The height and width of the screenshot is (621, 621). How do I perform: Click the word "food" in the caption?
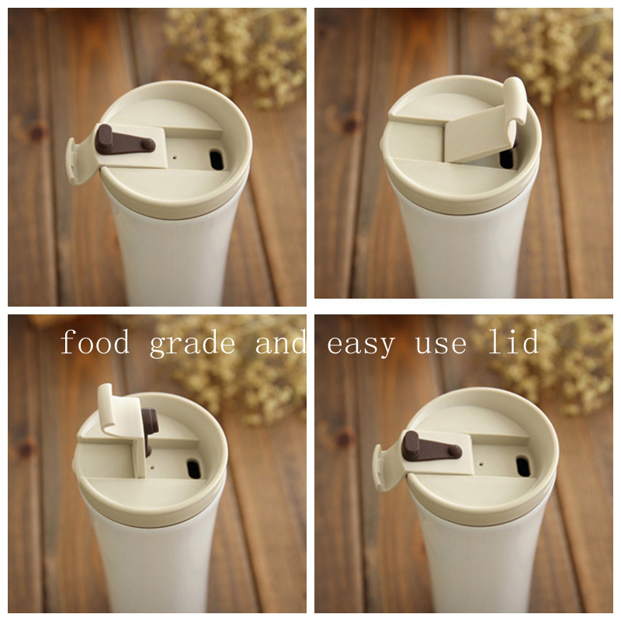pos(95,342)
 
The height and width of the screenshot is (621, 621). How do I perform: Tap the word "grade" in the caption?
pos(192,344)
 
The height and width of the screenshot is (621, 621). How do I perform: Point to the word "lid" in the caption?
pos(513,341)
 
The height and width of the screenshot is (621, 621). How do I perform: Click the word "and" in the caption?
pos(280,342)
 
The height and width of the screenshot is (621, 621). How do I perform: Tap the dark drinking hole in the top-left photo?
pos(217,160)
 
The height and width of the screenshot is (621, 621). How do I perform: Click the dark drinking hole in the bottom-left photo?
pos(193,469)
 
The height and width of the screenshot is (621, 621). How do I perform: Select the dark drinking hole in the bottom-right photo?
pos(523,467)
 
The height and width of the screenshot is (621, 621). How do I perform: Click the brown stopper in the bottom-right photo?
pos(431,447)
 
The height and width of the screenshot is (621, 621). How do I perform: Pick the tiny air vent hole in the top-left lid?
pos(175,158)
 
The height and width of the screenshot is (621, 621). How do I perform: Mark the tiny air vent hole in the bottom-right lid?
pos(480,463)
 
